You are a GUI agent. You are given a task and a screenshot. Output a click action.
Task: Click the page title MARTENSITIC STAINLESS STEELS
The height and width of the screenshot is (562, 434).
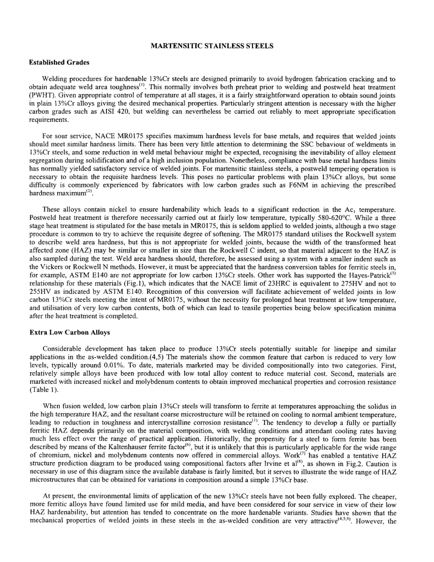pyautogui.click(x=212, y=46)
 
